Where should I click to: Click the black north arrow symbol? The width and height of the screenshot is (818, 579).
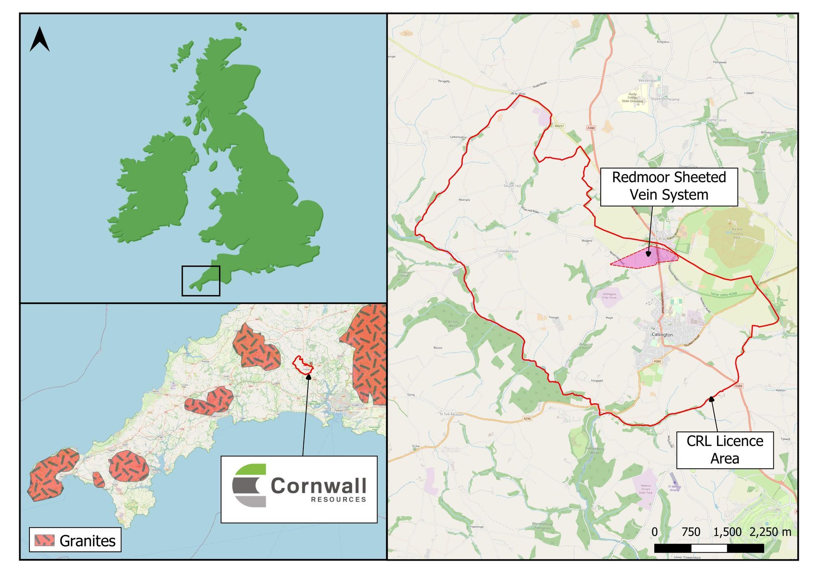(40, 39)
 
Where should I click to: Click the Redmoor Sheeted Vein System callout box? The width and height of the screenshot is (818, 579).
(668, 186)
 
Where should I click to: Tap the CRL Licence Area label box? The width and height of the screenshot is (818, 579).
(724, 449)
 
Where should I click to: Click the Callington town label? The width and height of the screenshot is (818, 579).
(662, 335)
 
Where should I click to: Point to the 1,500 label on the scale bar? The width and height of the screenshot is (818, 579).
(727, 532)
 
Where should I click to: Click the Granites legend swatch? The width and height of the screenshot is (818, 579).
(44, 540)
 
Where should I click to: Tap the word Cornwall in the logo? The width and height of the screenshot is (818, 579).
(318, 486)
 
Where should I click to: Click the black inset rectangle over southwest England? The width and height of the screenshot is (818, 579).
(201, 281)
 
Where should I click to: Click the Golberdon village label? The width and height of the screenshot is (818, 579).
(509, 251)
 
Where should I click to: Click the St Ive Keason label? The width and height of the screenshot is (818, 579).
(451, 414)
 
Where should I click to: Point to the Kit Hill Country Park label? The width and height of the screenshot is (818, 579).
(737, 233)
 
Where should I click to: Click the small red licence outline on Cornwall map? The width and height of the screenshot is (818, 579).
(303, 365)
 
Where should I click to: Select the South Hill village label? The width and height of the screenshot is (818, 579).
(512, 186)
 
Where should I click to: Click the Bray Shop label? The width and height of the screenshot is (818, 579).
(518, 93)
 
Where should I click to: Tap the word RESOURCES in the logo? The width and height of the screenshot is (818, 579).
(338, 499)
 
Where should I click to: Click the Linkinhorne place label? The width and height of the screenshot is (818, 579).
(458, 137)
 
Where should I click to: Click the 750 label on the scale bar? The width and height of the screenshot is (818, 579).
(691, 532)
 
